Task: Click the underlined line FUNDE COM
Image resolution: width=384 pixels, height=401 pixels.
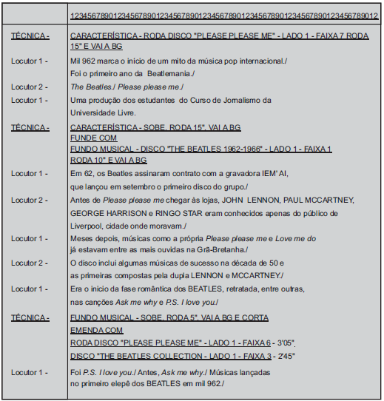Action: point(93,138)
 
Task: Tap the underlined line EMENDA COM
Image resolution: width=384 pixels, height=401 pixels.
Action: point(97,329)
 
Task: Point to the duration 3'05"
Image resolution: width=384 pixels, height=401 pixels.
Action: point(284,343)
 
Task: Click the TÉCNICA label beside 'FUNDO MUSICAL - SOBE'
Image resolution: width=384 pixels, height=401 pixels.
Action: point(30,317)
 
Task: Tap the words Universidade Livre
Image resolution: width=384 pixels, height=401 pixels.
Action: point(103,112)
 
